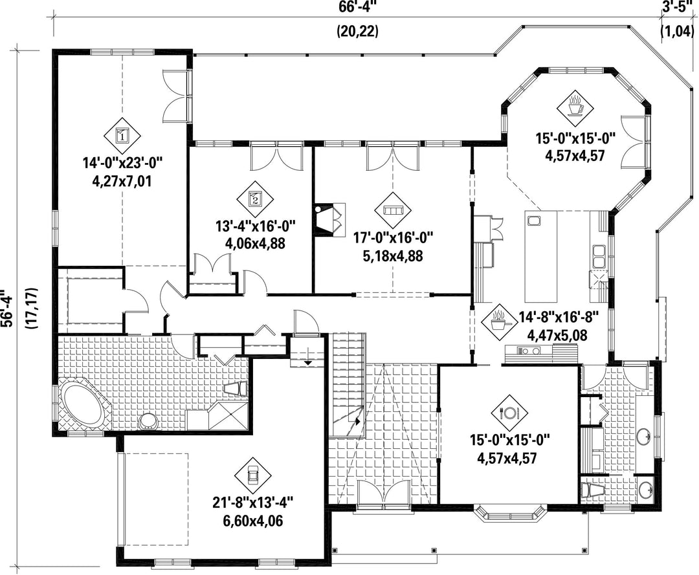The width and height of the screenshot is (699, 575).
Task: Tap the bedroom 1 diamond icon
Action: click(x=122, y=135)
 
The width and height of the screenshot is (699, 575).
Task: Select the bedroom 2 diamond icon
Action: click(x=255, y=199)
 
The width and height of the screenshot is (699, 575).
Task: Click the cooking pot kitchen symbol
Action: click(x=499, y=321)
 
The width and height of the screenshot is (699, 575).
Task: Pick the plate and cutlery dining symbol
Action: click(x=509, y=413)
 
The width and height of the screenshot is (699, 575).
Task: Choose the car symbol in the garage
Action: click(x=253, y=475)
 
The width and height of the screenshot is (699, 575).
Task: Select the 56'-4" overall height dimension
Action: click(x=6, y=309)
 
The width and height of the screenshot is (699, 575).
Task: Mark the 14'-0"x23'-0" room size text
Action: click(x=123, y=163)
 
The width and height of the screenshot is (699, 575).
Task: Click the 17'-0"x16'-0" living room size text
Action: click(x=394, y=238)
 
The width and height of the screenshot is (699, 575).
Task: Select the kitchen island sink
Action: click(x=533, y=221)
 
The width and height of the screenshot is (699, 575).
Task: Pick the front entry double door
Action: click(x=384, y=494)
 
